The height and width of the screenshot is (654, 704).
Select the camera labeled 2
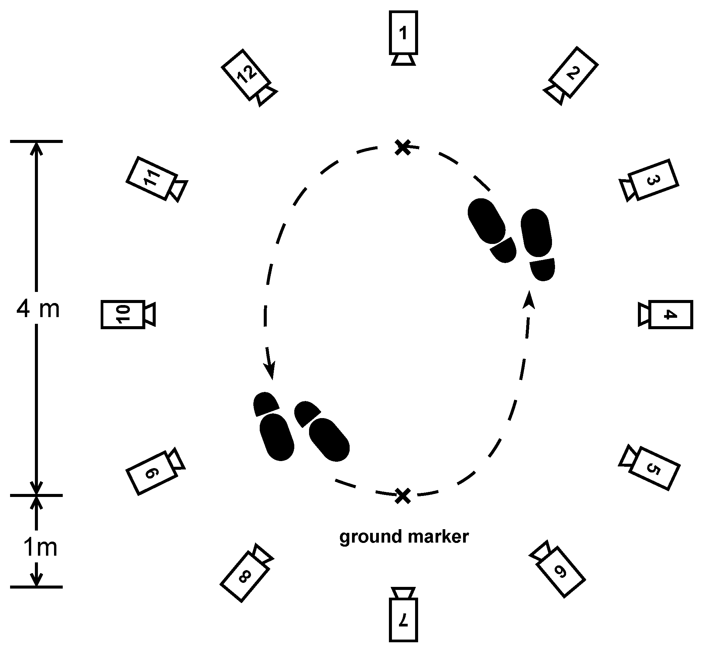(574, 72)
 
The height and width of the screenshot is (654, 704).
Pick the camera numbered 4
(670, 314)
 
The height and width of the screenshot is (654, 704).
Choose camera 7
(403, 624)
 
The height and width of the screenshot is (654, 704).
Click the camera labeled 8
(245, 577)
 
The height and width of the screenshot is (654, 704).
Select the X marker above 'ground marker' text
(403, 496)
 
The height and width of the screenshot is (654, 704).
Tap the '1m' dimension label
(40, 547)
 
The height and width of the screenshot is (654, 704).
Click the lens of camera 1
(403, 60)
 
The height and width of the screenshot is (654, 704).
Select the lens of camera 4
(644, 314)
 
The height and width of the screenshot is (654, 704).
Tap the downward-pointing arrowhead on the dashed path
(270, 372)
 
